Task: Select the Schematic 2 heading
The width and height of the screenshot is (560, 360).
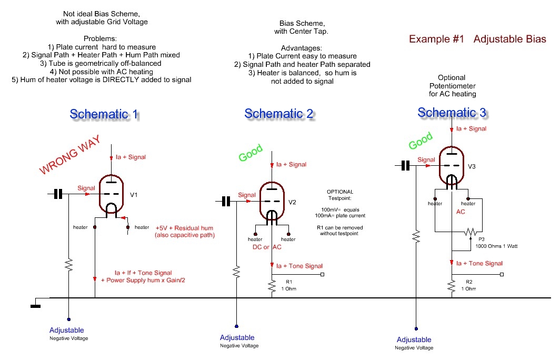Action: pos(279,114)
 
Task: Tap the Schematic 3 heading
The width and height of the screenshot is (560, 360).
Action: pos(452,112)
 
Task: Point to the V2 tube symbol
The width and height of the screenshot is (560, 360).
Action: pos(271,202)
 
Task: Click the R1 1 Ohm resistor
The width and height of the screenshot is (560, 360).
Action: pos(272,286)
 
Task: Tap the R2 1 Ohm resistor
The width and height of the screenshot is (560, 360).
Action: pos(452,286)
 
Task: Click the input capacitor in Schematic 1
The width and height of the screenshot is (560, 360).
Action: pos(58,194)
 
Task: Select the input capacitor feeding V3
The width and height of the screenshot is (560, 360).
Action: pos(405,166)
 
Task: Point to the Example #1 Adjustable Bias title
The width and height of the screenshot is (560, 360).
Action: pos(477,39)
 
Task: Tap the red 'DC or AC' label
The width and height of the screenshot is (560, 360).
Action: pos(272,247)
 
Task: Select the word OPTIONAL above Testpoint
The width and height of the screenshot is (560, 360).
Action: pos(340,192)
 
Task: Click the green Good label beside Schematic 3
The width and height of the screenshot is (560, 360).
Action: pos(420,141)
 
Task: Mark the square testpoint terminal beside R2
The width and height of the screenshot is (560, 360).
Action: pos(502,274)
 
